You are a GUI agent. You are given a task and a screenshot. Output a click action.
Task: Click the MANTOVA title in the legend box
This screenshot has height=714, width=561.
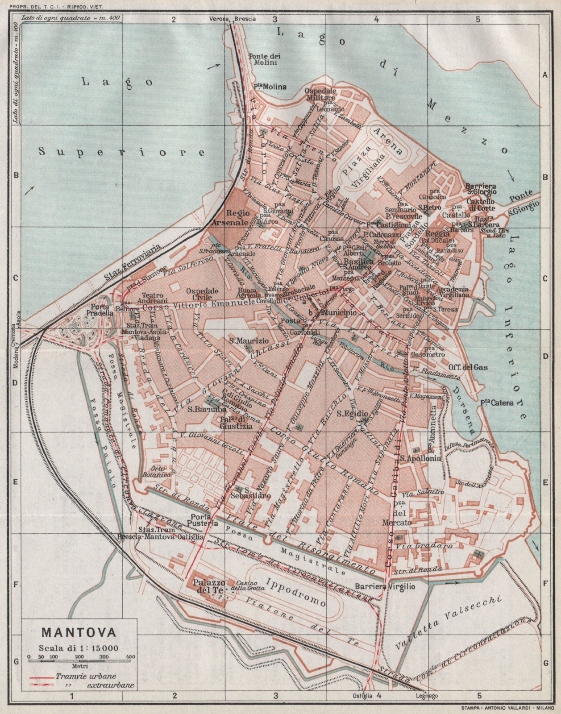coord(79,632)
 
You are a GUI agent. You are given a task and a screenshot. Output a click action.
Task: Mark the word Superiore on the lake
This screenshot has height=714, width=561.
coord(121,152)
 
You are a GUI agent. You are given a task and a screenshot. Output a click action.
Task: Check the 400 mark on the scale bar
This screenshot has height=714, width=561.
coord(130,656)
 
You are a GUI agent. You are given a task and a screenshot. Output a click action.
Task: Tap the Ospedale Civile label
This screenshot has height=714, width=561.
coord(202,294)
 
